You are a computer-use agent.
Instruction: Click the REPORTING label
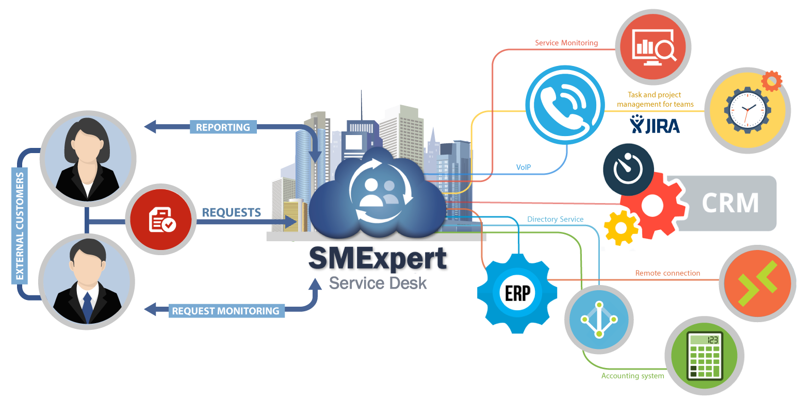click(x=223, y=127)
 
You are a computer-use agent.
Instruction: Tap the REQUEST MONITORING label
click(x=226, y=311)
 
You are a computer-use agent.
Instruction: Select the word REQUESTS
click(x=232, y=212)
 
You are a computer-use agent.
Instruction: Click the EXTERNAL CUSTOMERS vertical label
click(x=20, y=226)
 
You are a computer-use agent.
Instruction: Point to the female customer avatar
click(x=88, y=159)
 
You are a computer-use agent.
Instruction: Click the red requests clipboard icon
click(x=161, y=220)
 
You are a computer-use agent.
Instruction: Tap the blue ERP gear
click(x=517, y=293)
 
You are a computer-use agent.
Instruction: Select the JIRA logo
click(x=655, y=124)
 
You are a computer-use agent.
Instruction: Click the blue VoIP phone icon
click(x=565, y=105)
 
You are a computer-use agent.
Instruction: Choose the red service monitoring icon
click(x=653, y=47)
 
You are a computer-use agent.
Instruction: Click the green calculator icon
click(x=704, y=356)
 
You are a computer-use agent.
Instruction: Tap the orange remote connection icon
click(x=758, y=283)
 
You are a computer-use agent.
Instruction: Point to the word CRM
click(x=730, y=203)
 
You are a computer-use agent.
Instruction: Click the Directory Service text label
click(x=556, y=219)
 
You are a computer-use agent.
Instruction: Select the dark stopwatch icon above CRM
click(x=628, y=169)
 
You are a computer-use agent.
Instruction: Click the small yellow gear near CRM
click(x=621, y=228)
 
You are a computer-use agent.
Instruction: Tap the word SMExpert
click(x=378, y=258)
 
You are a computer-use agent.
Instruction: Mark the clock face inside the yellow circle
click(x=747, y=110)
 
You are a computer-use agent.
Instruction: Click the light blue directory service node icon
click(x=599, y=320)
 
